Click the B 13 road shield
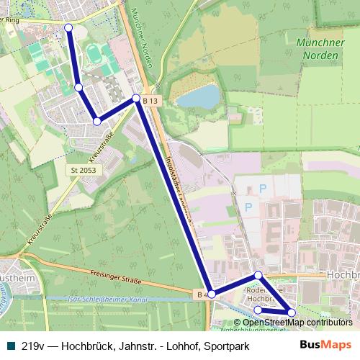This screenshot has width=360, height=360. point(149,102)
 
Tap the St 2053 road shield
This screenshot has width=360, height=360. point(83,170)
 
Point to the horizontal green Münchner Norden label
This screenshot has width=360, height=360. point(320,48)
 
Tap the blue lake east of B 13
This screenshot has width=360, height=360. point(198,96)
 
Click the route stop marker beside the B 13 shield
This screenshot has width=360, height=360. point(136,98)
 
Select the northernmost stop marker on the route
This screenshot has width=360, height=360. point(69,27)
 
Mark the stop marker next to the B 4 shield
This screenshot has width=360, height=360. point(212,294)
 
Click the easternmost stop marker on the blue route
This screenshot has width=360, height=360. point(292,312)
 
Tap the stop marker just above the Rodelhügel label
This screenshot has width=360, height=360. point(258,276)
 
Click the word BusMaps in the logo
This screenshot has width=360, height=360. point(325,344)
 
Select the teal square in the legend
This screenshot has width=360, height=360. point(9,345)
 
